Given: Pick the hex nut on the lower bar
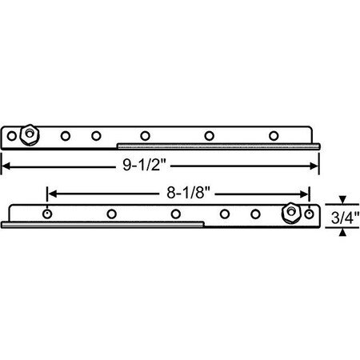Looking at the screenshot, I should coord(290,214).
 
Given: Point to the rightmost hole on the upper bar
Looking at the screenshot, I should coord(274,134).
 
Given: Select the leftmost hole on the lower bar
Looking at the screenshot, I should coord(48,214).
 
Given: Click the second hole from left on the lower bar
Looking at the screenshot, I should coord(111,214).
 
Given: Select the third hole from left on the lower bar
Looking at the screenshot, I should coord(175,214).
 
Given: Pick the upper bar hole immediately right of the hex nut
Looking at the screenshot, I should coord(66,134).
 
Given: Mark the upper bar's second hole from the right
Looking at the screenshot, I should coord(210,134).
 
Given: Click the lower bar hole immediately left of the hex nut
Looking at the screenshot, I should coord(255,214).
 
